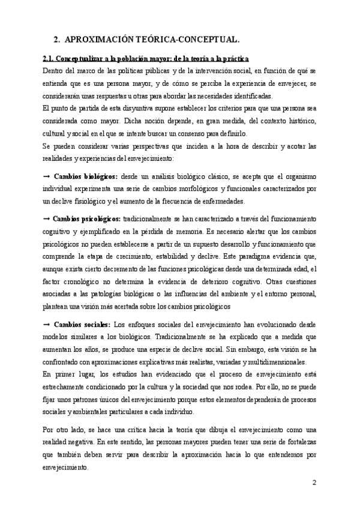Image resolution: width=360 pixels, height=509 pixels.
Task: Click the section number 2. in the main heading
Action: [57, 40]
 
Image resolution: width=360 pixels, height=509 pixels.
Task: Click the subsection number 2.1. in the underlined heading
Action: [49, 59]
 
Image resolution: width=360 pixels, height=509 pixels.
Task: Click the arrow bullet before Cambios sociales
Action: [46, 324]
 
